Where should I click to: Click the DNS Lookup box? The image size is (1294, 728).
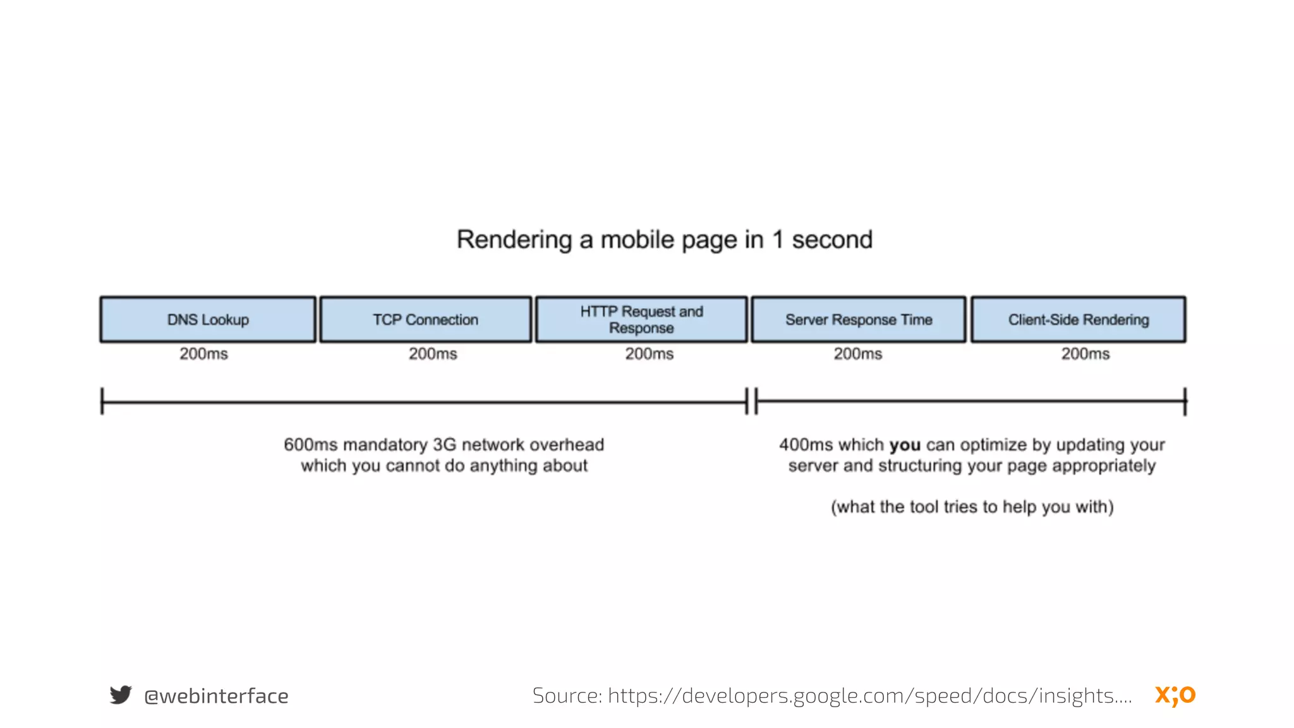208,320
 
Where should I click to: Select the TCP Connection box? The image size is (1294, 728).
425,320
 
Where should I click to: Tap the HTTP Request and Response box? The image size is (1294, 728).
641,320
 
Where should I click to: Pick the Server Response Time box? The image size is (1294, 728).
859,320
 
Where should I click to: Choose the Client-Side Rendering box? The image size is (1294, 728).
1079,320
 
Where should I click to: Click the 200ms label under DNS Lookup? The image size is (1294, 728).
203,354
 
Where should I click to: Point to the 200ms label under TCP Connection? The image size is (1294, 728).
433,354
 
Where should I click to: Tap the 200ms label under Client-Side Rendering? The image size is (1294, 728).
1085,354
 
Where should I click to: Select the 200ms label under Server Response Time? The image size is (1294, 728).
858,354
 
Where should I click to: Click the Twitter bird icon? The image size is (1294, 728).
121,695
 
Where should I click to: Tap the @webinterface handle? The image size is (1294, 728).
216,696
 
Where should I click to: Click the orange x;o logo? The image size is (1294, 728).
1175,695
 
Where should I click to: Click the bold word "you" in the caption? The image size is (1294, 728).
905,445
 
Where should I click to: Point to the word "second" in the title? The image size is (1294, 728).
832,240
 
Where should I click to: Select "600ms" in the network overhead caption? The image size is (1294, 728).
310,445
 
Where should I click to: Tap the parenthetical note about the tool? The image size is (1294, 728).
972,507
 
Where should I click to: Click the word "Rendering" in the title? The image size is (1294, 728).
514,240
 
